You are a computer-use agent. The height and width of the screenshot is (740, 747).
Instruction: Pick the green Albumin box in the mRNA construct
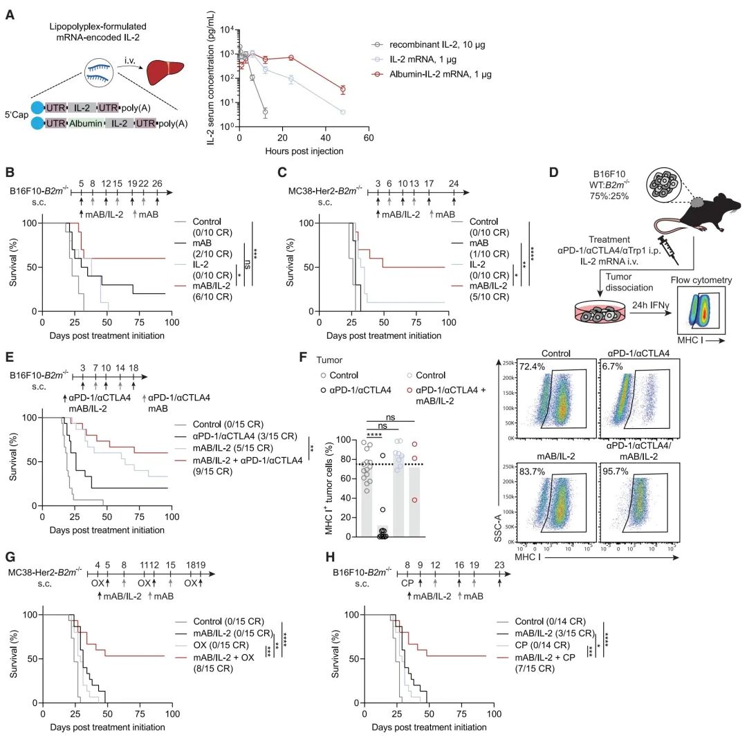coord(85,122)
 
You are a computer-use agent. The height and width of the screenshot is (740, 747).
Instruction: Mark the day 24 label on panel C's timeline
coord(453,183)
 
